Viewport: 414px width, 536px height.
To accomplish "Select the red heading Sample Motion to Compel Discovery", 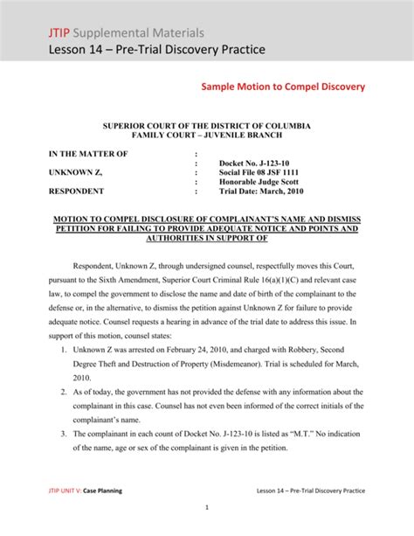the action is (283, 87).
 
